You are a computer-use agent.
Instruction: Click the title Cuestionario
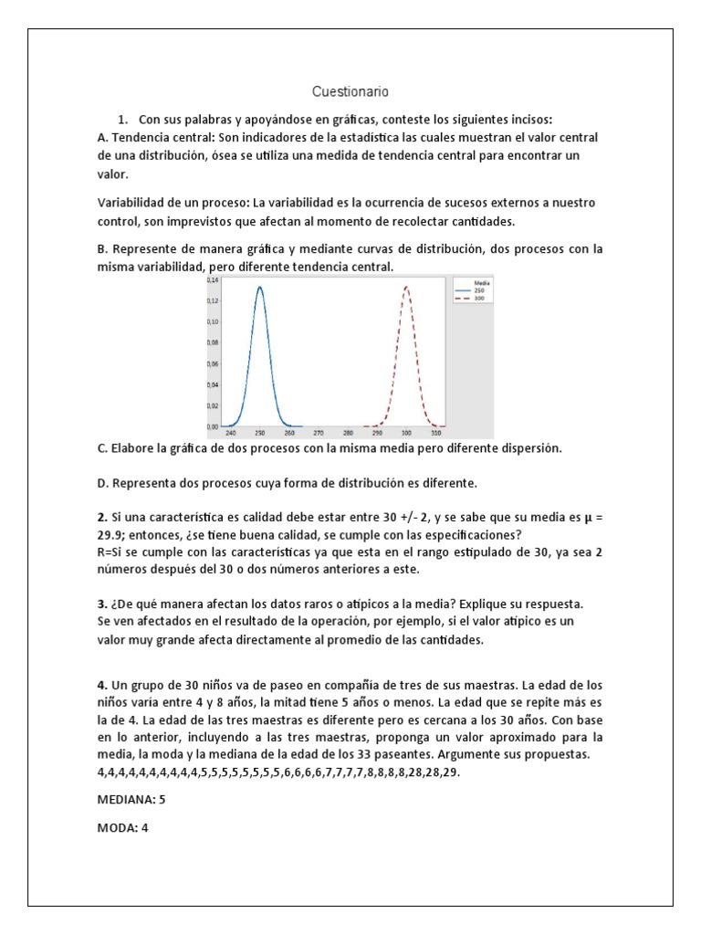[x=350, y=91]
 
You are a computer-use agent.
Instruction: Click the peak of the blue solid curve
[x=260, y=287]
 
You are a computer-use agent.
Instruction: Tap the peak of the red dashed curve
[x=405, y=287]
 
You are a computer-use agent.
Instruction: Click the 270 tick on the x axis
[x=319, y=433]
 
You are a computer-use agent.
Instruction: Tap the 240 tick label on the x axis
[x=230, y=433]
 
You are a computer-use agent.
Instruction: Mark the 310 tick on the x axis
[x=435, y=433]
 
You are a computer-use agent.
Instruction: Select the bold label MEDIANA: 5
[x=131, y=799]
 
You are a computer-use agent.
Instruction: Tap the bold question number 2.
[x=101, y=517]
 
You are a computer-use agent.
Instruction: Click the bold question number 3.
[x=101, y=604]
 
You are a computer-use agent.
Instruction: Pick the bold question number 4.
[x=101, y=685]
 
